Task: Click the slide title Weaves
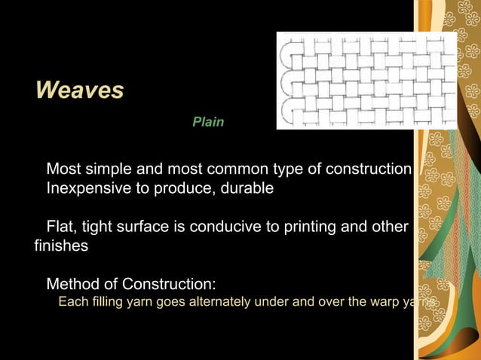[79, 91]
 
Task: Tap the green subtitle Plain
[208, 121]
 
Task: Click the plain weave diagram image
[366, 80]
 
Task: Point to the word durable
[247, 188]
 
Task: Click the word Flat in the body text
[60, 227]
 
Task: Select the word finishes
[62, 246]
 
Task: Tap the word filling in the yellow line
[102, 304]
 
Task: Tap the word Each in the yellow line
[72, 304]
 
